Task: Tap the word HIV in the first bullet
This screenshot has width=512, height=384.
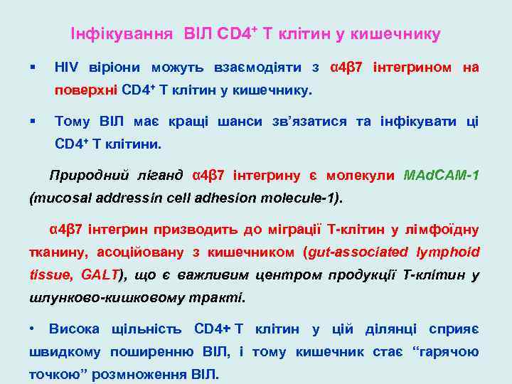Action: pos(66,68)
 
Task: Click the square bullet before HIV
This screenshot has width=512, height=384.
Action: pos(33,68)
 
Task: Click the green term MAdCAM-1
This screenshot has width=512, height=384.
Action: pos(441,175)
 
